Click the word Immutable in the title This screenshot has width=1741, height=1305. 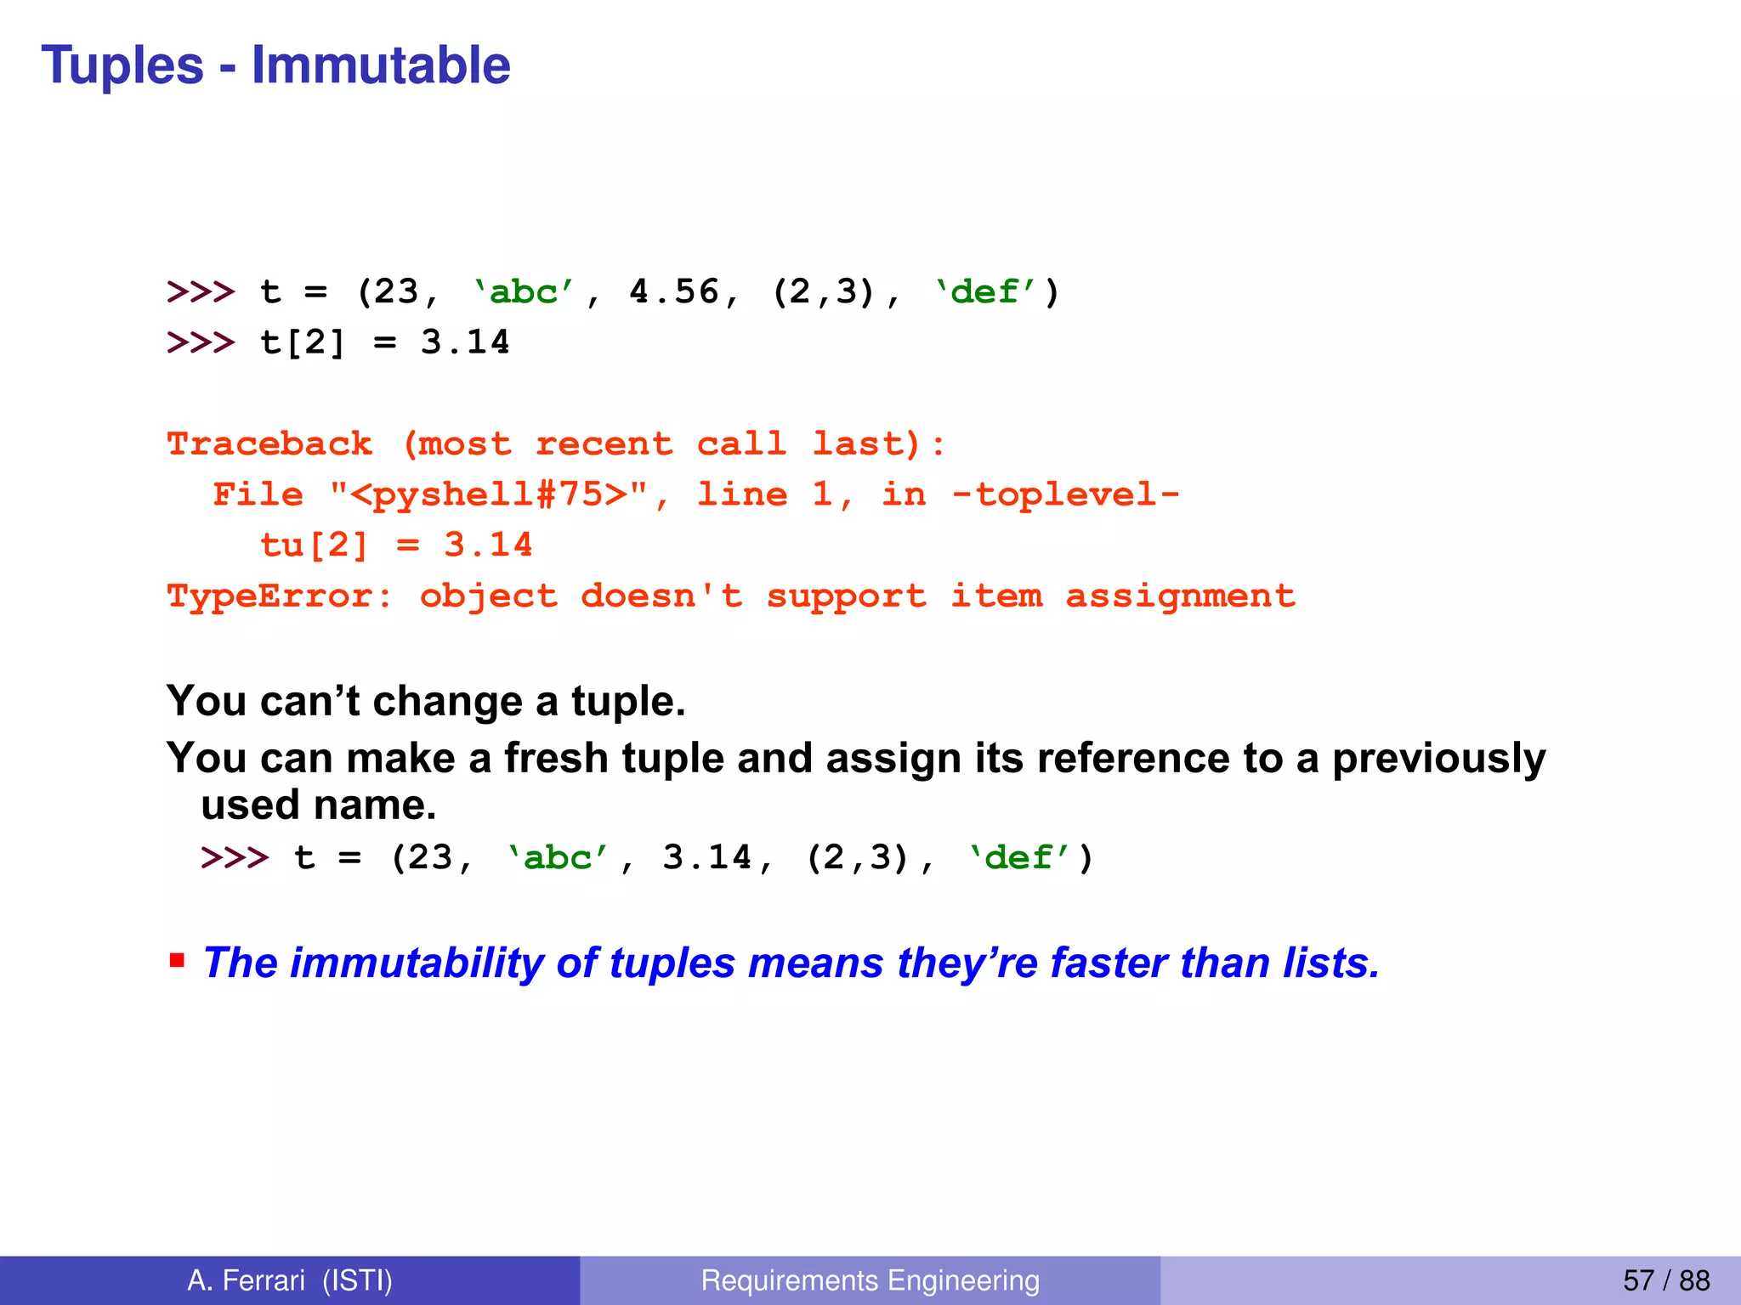click(381, 65)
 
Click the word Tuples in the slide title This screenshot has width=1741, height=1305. click(122, 65)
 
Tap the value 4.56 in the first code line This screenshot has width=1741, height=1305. click(673, 291)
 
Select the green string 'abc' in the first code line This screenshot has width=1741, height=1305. click(524, 291)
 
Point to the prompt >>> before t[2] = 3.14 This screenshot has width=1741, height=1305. click(201, 342)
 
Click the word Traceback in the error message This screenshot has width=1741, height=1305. click(269, 443)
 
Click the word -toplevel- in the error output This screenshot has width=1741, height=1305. click(1066, 494)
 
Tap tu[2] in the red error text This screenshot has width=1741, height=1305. click(314, 545)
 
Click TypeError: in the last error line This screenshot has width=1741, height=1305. click(280, 596)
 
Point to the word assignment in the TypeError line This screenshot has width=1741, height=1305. click(1181, 596)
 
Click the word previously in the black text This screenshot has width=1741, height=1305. click(1438, 757)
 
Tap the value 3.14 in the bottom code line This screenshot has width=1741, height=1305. click(707, 857)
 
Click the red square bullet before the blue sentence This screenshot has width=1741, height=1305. click(177, 961)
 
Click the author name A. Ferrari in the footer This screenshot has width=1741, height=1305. click(246, 1280)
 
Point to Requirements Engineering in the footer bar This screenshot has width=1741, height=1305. click(870, 1280)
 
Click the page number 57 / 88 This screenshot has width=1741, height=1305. click(1666, 1280)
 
